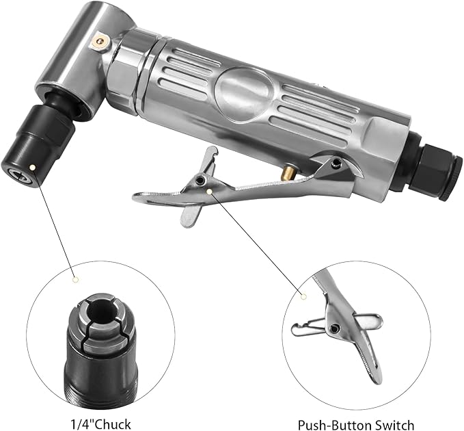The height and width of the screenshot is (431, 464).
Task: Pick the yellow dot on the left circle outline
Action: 75,278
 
